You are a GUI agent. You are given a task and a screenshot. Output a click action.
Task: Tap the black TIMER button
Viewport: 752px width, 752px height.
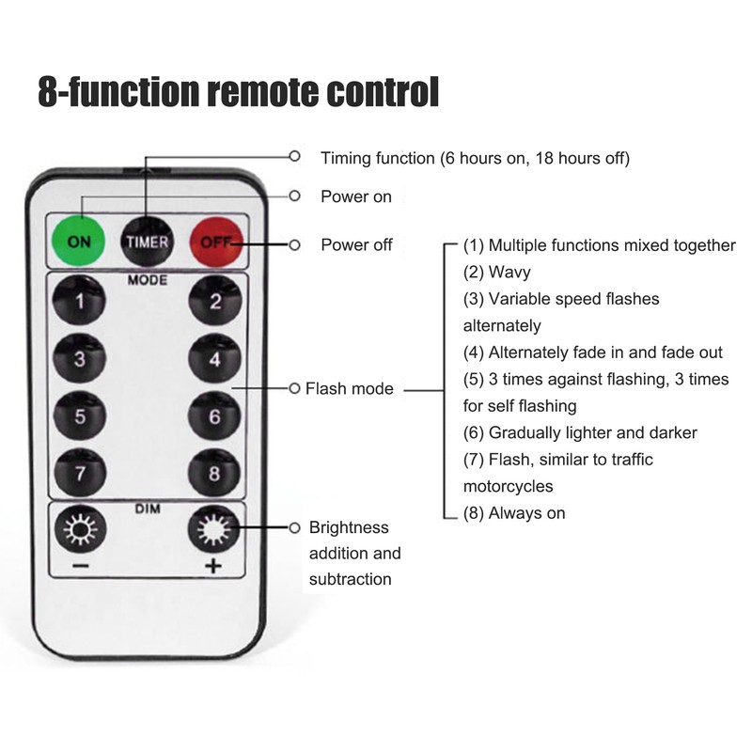coord(147,242)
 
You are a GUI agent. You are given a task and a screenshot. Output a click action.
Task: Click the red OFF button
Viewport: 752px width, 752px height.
coord(216,242)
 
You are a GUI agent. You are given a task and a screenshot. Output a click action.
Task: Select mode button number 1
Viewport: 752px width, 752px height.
coord(79,300)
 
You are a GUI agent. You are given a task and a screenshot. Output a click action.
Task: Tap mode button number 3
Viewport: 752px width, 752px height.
coord(80,358)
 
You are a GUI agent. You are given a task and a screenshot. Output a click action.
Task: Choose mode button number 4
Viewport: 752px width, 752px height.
coord(214,358)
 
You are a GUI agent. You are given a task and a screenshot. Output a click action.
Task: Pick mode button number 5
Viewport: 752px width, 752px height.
coord(80,415)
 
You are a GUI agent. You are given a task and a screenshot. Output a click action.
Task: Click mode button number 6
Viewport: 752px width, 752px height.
coord(214,415)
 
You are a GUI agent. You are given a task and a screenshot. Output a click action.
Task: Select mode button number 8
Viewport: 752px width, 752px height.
coord(214,473)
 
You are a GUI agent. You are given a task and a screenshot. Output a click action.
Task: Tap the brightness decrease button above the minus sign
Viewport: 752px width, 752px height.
coord(80,529)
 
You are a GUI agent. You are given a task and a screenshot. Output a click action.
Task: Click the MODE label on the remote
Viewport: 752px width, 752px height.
coord(148,280)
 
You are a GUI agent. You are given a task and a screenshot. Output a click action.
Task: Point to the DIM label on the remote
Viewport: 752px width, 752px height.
coord(148,509)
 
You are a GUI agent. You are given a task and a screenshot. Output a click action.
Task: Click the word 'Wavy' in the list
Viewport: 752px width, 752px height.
coord(509,272)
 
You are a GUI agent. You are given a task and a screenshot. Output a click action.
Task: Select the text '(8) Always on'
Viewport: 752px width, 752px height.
coord(514,513)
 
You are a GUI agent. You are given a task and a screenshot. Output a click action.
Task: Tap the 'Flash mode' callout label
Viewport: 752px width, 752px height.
coord(349,388)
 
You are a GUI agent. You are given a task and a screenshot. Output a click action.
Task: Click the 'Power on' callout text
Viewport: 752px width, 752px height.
coord(356,196)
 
